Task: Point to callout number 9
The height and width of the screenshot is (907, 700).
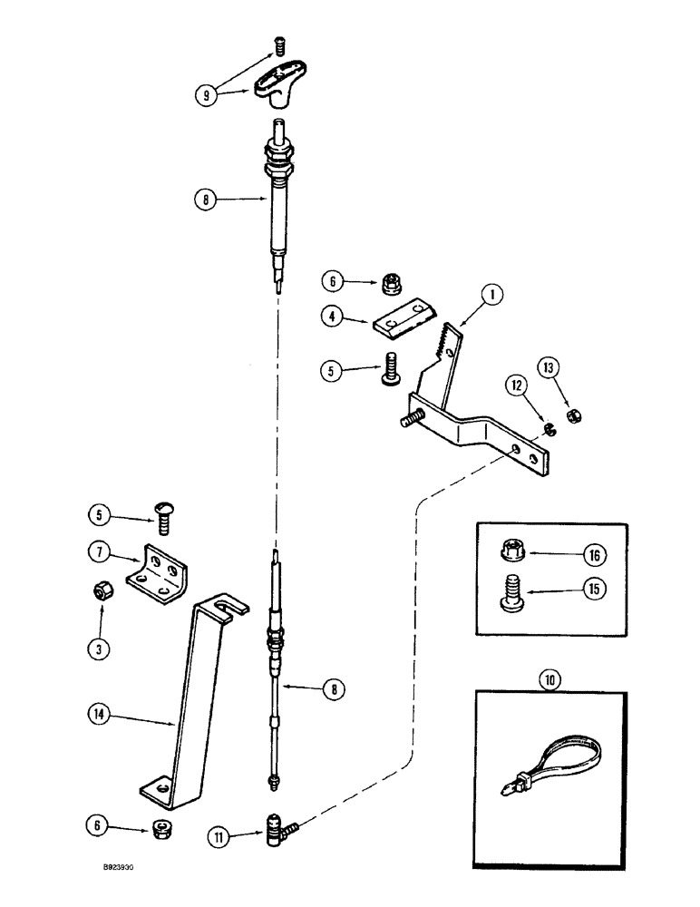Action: pos(209,94)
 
